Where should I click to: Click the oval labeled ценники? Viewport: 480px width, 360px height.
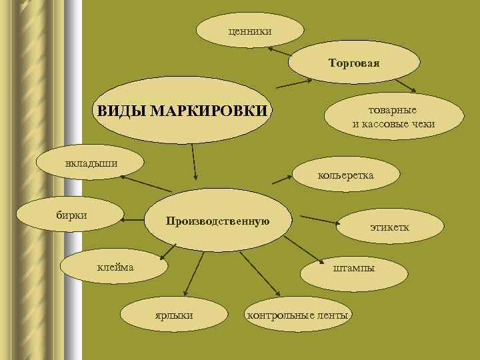click(x=250, y=31)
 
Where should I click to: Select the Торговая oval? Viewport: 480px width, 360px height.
click(x=354, y=63)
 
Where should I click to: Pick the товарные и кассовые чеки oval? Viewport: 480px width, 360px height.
click(x=393, y=117)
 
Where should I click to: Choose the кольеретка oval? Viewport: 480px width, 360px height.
click(x=347, y=175)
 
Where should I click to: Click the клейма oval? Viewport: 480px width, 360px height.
click(x=115, y=267)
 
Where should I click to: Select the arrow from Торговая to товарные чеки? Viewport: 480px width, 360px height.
click(x=405, y=85)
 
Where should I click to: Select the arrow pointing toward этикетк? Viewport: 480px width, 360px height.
click(x=319, y=219)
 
